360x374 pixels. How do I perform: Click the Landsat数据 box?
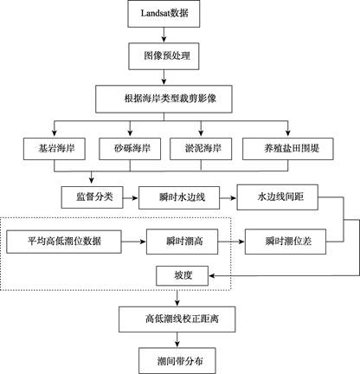(164, 14)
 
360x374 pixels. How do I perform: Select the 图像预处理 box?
(164, 56)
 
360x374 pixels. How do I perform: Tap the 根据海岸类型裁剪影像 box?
(164, 99)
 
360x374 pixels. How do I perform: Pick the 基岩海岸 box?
(55, 149)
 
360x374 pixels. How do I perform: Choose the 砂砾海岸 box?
(130, 149)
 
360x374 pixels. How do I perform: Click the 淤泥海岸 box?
(201, 149)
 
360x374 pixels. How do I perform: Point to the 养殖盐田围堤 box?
(288, 149)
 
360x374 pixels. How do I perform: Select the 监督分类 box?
(92, 197)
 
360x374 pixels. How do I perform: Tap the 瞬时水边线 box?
(179, 198)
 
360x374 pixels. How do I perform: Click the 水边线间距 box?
(278, 197)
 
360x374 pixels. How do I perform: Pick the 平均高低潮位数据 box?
(64, 242)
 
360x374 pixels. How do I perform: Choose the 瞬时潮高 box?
(182, 242)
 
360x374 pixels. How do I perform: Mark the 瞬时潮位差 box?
(286, 242)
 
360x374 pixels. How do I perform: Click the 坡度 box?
(182, 276)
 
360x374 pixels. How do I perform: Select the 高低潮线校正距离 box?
(177, 319)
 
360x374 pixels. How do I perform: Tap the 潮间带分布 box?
(177, 361)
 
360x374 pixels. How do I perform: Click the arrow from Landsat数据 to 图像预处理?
(164, 35)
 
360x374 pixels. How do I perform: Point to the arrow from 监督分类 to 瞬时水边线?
(131, 198)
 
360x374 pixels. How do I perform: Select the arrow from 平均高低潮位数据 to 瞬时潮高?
(134, 242)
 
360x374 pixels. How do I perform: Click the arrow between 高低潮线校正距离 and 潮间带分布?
(177, 339)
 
